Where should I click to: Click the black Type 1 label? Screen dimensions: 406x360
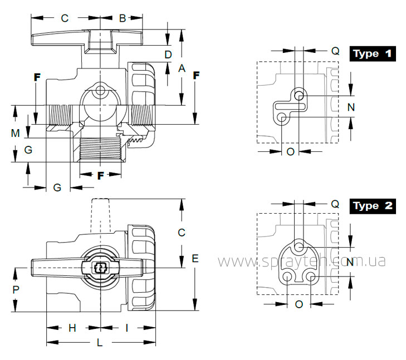[373, 54]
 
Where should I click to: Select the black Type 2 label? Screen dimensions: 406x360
[373, 206]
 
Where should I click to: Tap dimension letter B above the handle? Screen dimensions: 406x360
[123, 18]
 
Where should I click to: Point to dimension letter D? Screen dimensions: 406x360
[168, 55]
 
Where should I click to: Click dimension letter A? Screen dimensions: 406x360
[182, 68]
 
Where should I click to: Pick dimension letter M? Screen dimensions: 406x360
[15, 133]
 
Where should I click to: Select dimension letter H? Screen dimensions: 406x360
[72, 328]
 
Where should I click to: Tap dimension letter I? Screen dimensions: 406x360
[126, 328]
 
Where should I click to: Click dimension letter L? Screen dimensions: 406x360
[100, 343]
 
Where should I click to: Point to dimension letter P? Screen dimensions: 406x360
[16, 290]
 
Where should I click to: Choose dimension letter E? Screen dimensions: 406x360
[195, 258]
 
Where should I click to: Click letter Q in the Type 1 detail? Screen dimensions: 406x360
[335, 51]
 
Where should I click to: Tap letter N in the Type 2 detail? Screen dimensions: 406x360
[350, 262]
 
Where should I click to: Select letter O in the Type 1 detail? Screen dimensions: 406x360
[291, 152]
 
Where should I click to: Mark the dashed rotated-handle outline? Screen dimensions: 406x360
[100, 215]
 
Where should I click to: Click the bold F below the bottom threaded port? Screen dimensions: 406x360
[100, 176]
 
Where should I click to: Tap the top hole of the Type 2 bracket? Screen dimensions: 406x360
[299, 246]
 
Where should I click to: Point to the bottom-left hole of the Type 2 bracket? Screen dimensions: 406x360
[287, 277]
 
